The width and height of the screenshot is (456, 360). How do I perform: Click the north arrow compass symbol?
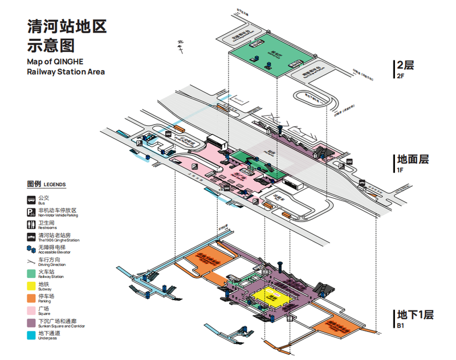(180, 46)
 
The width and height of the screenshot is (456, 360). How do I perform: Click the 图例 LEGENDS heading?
(46, 185)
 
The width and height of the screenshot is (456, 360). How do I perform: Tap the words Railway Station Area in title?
(66, 72)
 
